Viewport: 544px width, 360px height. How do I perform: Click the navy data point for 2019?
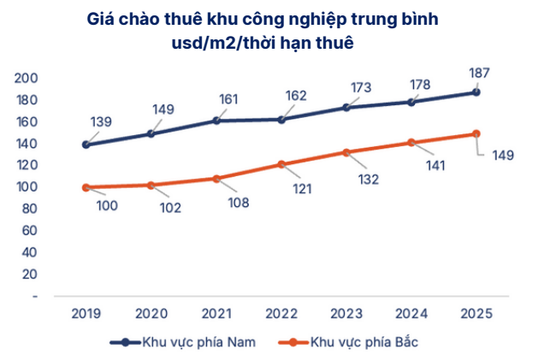click(x=86, y=145)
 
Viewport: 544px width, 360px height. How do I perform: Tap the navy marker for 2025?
click(x=476, y=92)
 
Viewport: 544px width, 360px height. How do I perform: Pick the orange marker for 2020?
click(x=151, y=185)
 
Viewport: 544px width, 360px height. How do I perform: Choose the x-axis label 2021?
click(x=216, y=314)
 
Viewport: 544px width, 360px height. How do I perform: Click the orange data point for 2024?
click(x=411, y=143)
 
